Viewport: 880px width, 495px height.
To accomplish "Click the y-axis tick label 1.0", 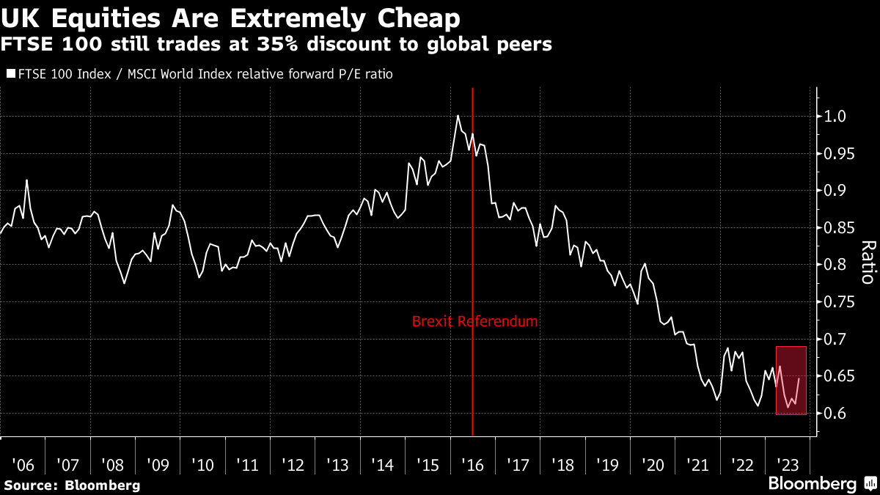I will tap(837, 117).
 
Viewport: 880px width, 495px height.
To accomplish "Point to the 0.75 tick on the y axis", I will tap(840, 302).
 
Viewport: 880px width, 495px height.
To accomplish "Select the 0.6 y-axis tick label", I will tap(837, 414).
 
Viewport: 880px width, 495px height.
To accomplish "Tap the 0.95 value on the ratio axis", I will tap(840, 153).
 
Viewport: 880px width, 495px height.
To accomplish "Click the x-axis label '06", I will tap(23, 465).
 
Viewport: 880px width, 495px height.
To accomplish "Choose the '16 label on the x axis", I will tap(472, 465).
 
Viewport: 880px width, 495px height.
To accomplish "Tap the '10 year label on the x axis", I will tap(202, 465).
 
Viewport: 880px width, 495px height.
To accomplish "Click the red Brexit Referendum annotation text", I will tap(474, 321).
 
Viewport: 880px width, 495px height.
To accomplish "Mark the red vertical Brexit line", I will tap(472, 220).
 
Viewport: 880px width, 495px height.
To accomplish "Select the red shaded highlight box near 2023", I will tap(791, 381).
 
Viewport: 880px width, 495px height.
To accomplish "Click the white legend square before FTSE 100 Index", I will tap(10, 74).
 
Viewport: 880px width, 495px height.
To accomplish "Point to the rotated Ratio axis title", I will tap(868, 262).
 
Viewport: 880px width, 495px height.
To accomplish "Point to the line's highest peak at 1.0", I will tap(458, 116).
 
